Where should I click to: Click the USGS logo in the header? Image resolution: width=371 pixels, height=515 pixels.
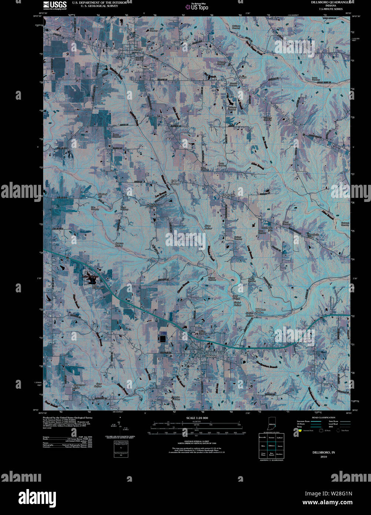(x=55, y=5)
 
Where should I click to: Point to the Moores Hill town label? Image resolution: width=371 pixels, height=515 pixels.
(x=138, y=50)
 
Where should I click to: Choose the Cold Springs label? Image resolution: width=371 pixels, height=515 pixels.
(x=174, y=182)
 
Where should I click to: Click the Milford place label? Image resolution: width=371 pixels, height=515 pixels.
(x=153, y=205)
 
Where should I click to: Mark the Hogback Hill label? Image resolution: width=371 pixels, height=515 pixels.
(x=103, y=195)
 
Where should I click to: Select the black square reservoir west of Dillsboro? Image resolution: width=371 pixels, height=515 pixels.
(x=163, y=338)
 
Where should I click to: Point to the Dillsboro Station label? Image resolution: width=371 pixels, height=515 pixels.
(x=260, y=311)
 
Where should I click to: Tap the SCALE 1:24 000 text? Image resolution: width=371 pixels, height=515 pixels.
(x=197, y=418)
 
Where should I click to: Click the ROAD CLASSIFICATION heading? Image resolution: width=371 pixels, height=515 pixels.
(x=323, y=418)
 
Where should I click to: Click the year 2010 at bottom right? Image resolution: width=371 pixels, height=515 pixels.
(x=324, y=457)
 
